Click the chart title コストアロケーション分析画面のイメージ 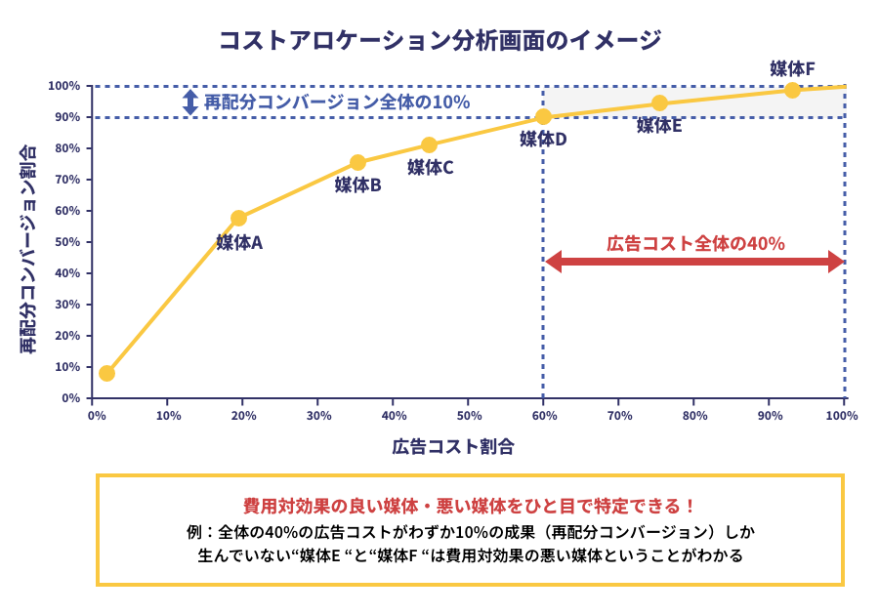pos(439,40)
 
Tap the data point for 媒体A pos(238,218)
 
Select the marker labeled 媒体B pos(357,162)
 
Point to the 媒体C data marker pos(429,145)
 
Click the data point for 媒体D pos(544,117)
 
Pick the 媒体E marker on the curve pos(659,103)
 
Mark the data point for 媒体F pos(792,90)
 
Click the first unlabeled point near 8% pos(106,373)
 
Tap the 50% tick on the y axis pos(66,242)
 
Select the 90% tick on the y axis pos(66,117)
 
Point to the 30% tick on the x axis pos(318,415)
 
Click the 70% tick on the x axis pos(619,415)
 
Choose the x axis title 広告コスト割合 pos(453,447)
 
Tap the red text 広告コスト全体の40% pos(695,243)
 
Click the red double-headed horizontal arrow pos(693,262)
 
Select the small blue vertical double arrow pos(190,102)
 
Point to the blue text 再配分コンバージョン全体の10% pos(337,102)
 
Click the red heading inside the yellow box pos(470,506)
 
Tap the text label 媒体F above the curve pos(792,68)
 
